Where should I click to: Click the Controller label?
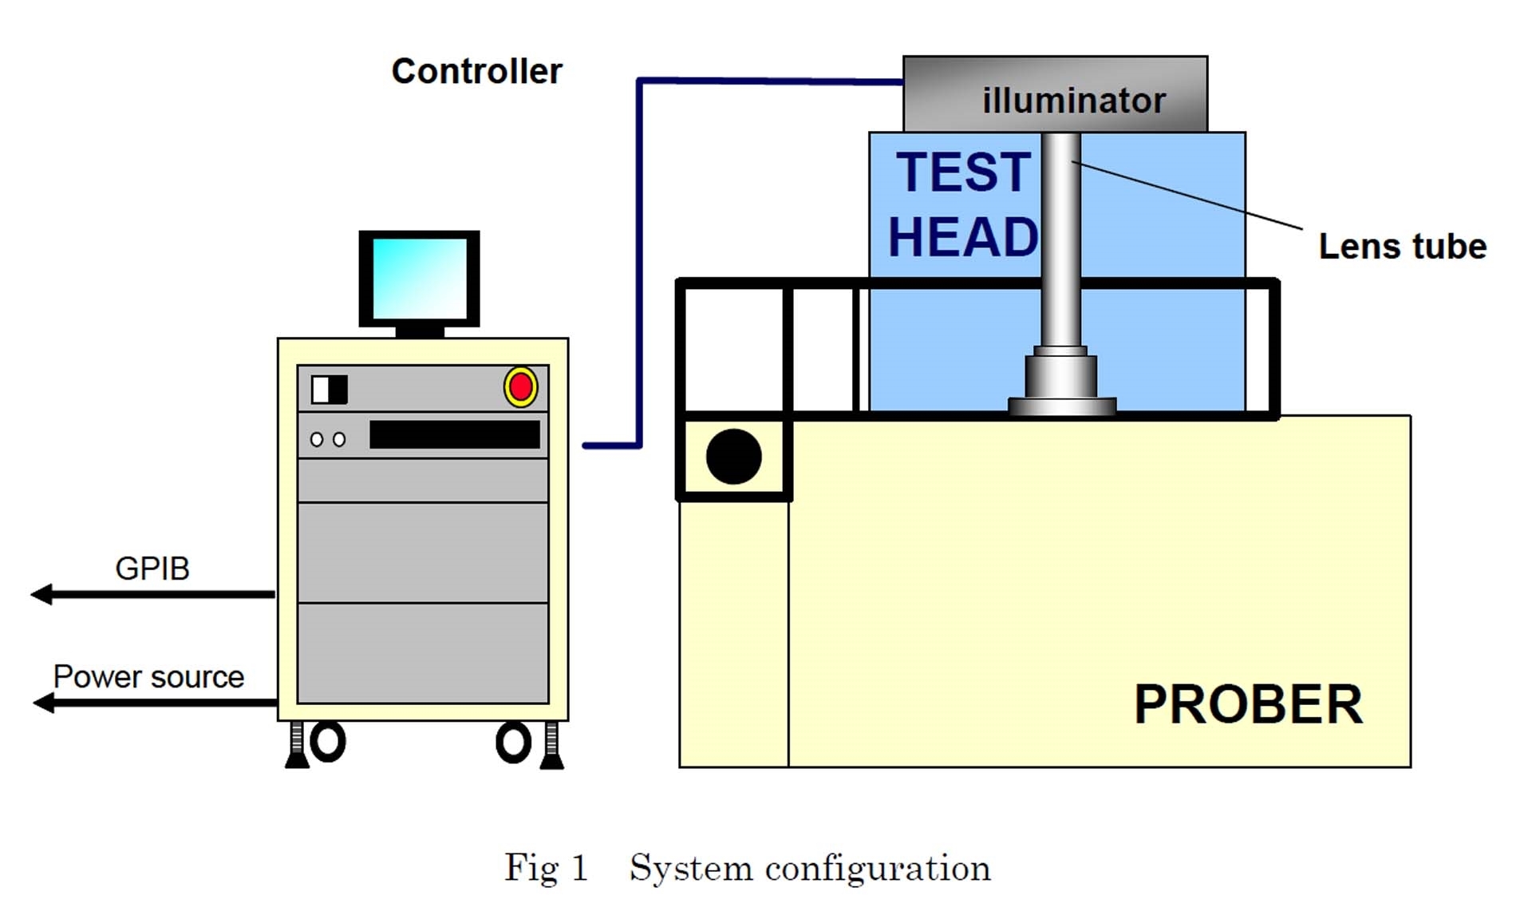[476, 72]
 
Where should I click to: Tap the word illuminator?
[1073, 101]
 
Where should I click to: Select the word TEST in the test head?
[963, 172]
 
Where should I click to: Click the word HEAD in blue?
[963, 237]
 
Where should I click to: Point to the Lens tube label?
[1402, 247]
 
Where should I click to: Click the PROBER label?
[1248, 705]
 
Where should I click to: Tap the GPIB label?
[152, 569]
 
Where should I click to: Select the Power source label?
[148, 677]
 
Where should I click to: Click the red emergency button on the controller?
[520, 387]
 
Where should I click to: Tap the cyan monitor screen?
[419, 278]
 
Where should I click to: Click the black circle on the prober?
[733, 457]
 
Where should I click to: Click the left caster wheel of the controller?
[327, 742]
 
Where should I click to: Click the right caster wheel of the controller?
[513, 743]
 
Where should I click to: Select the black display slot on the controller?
[454, 435]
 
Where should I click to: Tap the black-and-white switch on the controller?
[329, 390]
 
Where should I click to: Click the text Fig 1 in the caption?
[546, 868]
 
